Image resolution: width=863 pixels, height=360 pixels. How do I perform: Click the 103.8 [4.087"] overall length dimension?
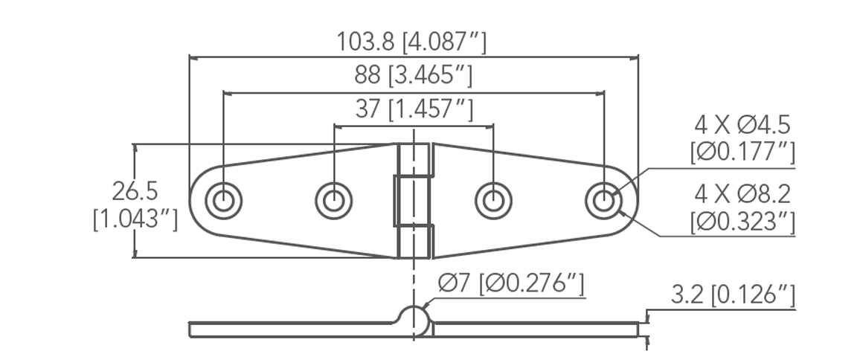(412, 42)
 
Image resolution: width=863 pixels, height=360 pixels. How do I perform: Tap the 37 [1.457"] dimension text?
(414, 110)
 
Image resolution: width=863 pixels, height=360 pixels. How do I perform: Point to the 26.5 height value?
(135, 191)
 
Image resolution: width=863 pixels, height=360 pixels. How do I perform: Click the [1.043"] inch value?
(135, 220)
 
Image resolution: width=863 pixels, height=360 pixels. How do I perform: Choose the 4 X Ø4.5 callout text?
(742, 123)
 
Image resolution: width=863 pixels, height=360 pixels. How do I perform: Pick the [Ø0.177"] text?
(742, 152)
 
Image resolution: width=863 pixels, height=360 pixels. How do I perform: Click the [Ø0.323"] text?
(742, 222)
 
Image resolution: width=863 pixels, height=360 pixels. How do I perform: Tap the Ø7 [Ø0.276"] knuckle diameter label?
(511, 283)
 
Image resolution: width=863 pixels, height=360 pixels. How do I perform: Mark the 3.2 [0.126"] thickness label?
(732, 296)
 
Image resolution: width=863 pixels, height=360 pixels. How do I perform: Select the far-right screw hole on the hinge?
(603, 201)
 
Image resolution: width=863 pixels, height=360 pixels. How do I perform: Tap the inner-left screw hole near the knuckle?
(334, 201)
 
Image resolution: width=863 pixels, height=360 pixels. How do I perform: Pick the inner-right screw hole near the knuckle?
(493, 201)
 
